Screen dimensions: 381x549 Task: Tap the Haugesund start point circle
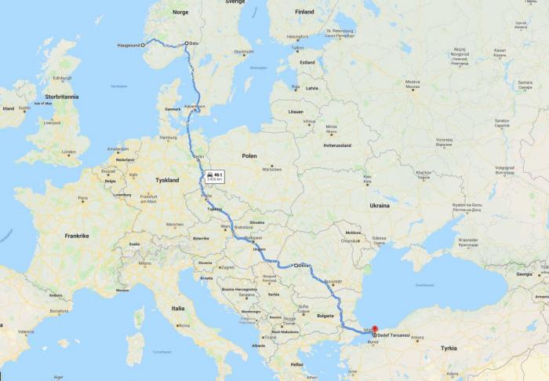pyautogui.click(x=143, y=46)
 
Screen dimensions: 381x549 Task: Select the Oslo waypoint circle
pyautogui.click(x=187, y=44)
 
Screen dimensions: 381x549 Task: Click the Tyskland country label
pyautogui.click(x=166, y=180)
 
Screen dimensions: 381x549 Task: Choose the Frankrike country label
pyautogui.click(x=76, y=235)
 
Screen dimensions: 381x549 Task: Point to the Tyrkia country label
pyautogui.click(x=448, y=348)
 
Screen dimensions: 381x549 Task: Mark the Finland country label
pyautogui.click(x=304, y=12)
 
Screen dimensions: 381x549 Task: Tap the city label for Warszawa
pyautogui.click(x=272, y=168)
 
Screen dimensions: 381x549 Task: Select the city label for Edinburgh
pyautogui.click(x=62, y=78)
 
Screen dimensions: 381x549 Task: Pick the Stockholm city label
pyautogui.click(x=243, y=52)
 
